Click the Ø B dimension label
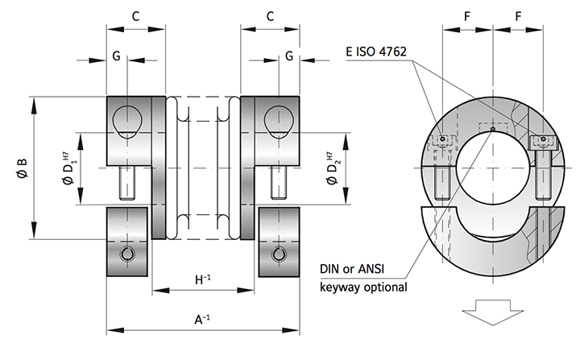[23, 169]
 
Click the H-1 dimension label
[201, 279]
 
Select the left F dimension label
[467, 16]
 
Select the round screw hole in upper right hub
[279, 120]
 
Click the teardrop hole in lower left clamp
[128, 254]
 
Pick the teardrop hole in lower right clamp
[279, 254]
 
